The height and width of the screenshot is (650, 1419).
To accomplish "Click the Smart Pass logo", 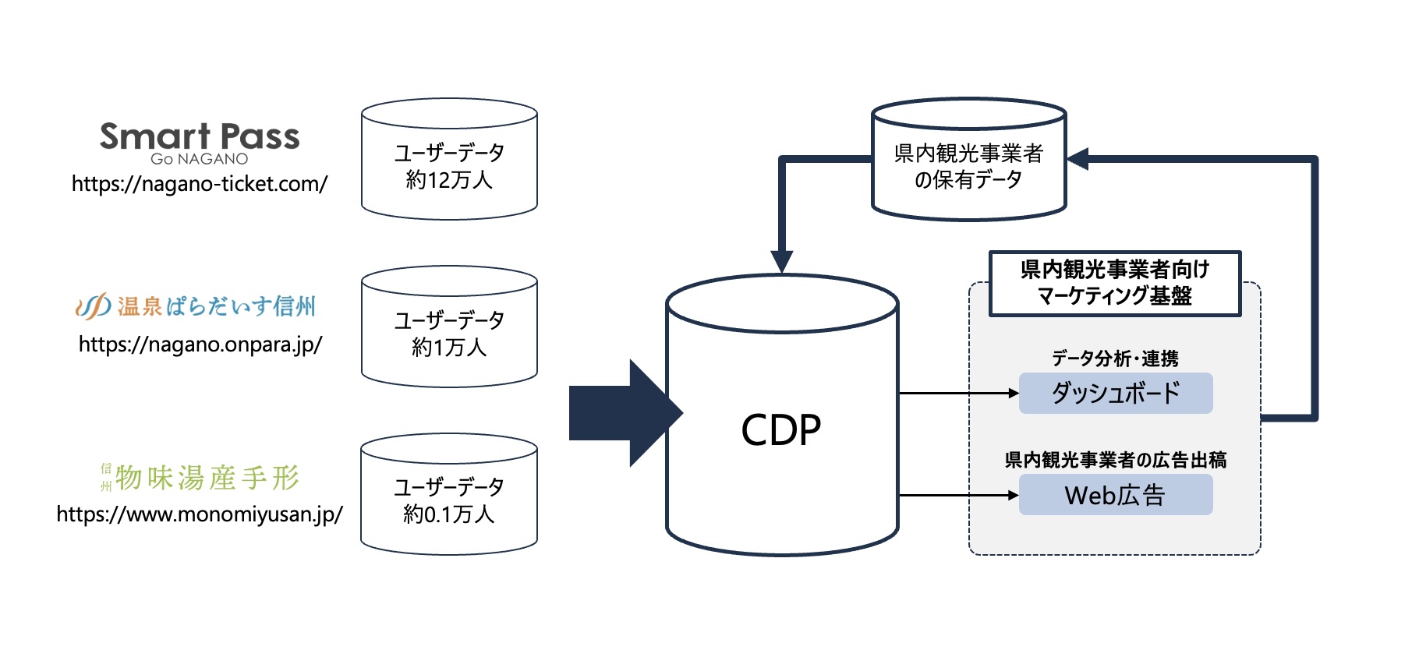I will pyautogui.click(x=200, y=142).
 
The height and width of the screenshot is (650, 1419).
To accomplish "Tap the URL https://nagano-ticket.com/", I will pyautogui.click(x=200, y=184).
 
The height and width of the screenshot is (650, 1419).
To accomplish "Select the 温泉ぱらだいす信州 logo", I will pyautogui.click(x=196, y=306).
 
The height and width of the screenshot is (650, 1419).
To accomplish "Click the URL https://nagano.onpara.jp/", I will pyautogui.click(x=200, y=344).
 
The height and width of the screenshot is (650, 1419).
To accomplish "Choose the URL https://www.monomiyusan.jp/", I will pyautogui.click(x=200, y=514).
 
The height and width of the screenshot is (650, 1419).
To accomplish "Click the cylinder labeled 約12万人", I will pyautogui.click(x=449, y=165).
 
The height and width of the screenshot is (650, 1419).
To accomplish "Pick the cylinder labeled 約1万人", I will pyautogui.click(x=449, y=333).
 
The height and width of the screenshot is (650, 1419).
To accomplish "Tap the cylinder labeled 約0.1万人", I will pyautogui.click(x=449, y=500).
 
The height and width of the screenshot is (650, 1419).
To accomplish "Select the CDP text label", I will pyautogui.click(x=781, y=430).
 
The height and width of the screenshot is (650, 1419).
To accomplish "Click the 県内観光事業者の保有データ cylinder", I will pyautogui.click(x=968, y=165).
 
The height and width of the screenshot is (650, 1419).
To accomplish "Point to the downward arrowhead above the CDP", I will pyautogui.click(x=782, y=261).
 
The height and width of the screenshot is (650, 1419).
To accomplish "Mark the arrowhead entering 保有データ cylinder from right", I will pyautogui.click(x=1078, y=159).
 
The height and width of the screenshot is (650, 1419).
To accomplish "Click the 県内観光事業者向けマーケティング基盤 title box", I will pyautogui.click(x=1115, y=283).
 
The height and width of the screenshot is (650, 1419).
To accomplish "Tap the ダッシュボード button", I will pyautogui.click(x=1116, y=393).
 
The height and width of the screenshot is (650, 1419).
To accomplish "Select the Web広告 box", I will pyautogui.click(x=1116, y=495).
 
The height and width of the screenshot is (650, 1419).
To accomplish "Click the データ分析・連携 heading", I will pyautogui.click(x=1115, y=359).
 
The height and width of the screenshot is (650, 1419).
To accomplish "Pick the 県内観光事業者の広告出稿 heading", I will pyautogui.click(x=1116, y=460).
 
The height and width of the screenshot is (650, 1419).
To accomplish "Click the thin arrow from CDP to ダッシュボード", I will pyautogui.click(x=959, y=394).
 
